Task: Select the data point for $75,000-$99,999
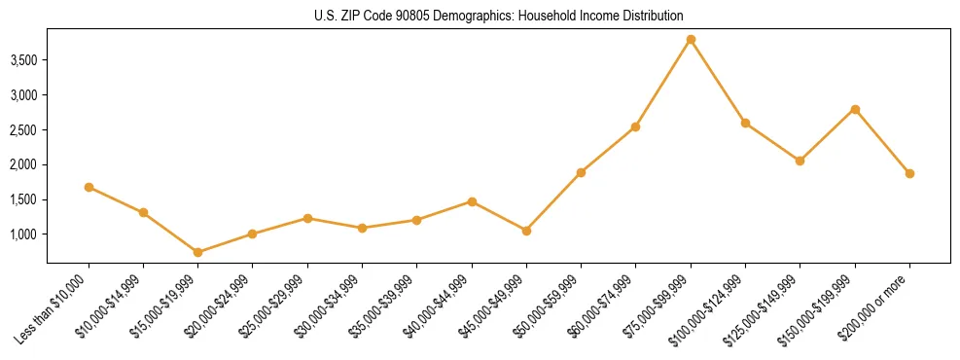[691, 40]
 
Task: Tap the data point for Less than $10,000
[89, 187]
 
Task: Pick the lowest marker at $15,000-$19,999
[198, 252]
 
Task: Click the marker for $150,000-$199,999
[855, 109]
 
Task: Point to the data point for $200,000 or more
[909, 173]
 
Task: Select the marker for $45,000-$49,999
[526, 231]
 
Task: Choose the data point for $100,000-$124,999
[745, 123]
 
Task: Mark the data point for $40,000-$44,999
[472, 201]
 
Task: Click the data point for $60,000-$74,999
[636, 126]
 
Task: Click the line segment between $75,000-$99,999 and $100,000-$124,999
[718, 82]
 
